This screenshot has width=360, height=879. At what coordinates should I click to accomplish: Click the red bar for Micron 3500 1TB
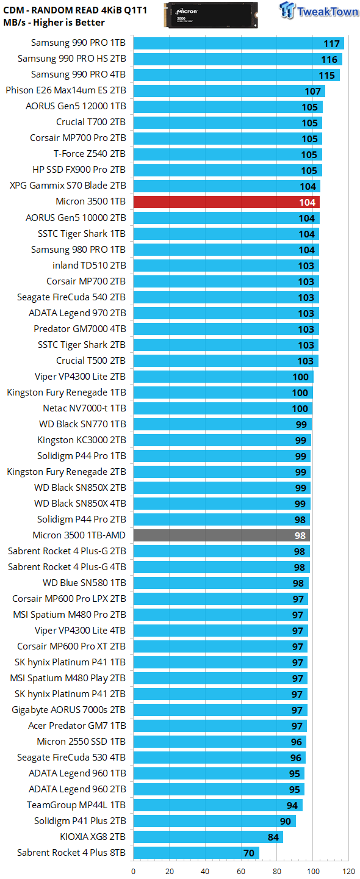226,202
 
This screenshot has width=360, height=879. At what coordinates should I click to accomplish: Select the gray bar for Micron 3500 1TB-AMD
221,535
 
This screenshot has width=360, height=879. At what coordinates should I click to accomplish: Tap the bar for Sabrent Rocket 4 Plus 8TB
196,853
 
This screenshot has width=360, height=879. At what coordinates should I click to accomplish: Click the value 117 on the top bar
331,43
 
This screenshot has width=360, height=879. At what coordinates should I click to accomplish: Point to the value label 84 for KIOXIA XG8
273,837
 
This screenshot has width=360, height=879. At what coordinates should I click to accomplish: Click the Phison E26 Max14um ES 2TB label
66,90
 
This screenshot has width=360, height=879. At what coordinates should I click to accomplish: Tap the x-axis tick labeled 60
241,871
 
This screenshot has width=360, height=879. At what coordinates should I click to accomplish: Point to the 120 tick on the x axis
348,871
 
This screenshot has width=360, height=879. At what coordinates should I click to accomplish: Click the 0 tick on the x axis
134,871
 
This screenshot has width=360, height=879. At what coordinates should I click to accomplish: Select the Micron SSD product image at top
211,15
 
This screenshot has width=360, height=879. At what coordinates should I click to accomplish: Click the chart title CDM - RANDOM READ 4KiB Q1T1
75,10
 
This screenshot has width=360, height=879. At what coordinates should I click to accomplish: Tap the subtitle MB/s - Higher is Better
54,23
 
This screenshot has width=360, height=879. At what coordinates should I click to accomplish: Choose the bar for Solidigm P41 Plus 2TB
214,821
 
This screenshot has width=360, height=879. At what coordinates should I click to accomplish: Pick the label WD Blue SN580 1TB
84,582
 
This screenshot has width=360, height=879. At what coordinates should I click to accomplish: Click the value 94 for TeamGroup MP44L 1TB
292,805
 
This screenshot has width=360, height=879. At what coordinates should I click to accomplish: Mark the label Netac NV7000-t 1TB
84,408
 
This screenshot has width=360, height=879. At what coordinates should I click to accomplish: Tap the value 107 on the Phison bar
312,91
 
